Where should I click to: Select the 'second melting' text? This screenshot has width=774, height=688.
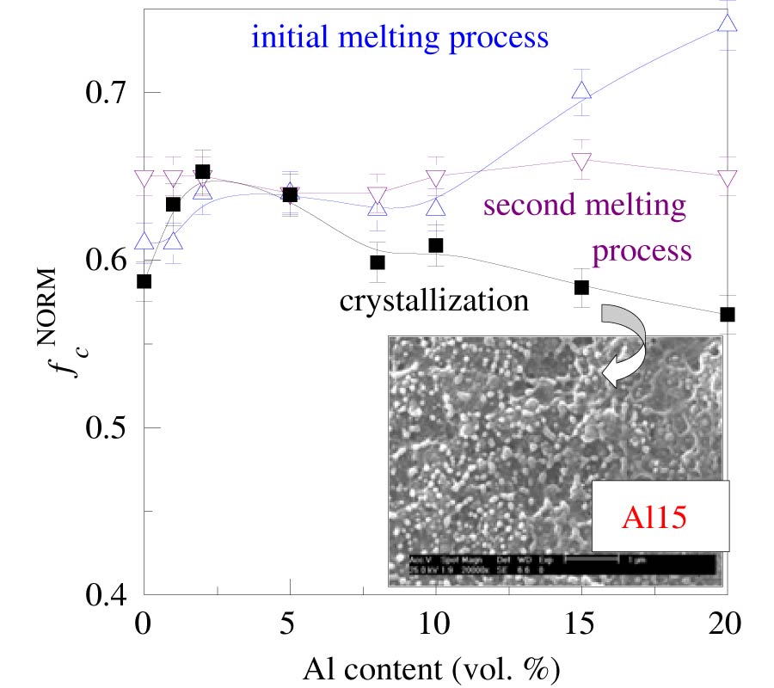[x=585, y=206]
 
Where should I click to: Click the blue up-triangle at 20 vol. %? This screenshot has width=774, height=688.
[x=728, y=23]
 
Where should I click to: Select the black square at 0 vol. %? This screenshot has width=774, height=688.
[x=144, y=281]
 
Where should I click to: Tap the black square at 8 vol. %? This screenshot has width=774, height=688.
[x=378, y=262]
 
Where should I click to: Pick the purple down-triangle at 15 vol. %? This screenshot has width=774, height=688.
[x=582, y=161]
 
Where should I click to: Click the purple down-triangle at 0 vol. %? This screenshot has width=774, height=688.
[x=144, y=179]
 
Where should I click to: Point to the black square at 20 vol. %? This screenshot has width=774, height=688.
[x=728, y=315]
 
